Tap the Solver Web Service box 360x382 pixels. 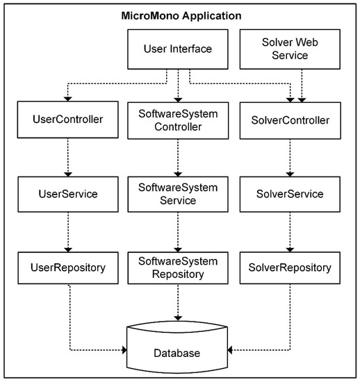pos(291,49)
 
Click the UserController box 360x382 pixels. pos(68,119)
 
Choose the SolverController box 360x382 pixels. pos(291,119)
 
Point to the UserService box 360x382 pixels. pos(68,194)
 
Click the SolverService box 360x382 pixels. pos(291,194)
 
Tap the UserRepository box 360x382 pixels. pos(68,267)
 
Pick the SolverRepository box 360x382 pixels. pos(291,267)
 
